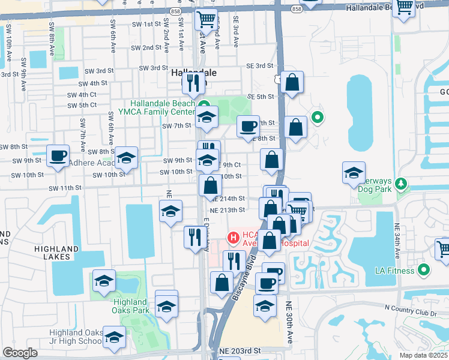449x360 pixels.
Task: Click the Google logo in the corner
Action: coord(20,353)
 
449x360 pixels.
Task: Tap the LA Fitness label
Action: coord(393,271)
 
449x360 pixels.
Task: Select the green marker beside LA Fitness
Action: coord(425,270)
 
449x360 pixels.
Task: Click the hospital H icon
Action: coord(232,238)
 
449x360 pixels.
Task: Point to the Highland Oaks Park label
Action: coord(130,306)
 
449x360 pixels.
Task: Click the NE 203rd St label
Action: coord(241,350)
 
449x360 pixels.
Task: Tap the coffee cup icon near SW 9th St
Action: coord(58,156)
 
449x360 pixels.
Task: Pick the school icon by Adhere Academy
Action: coord(127,158)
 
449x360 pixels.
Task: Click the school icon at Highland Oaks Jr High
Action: coord(114,337)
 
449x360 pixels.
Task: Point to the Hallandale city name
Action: coord(193,72)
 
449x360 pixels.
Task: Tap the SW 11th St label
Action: coord(65,188)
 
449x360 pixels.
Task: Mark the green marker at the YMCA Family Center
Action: coord(203,104)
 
